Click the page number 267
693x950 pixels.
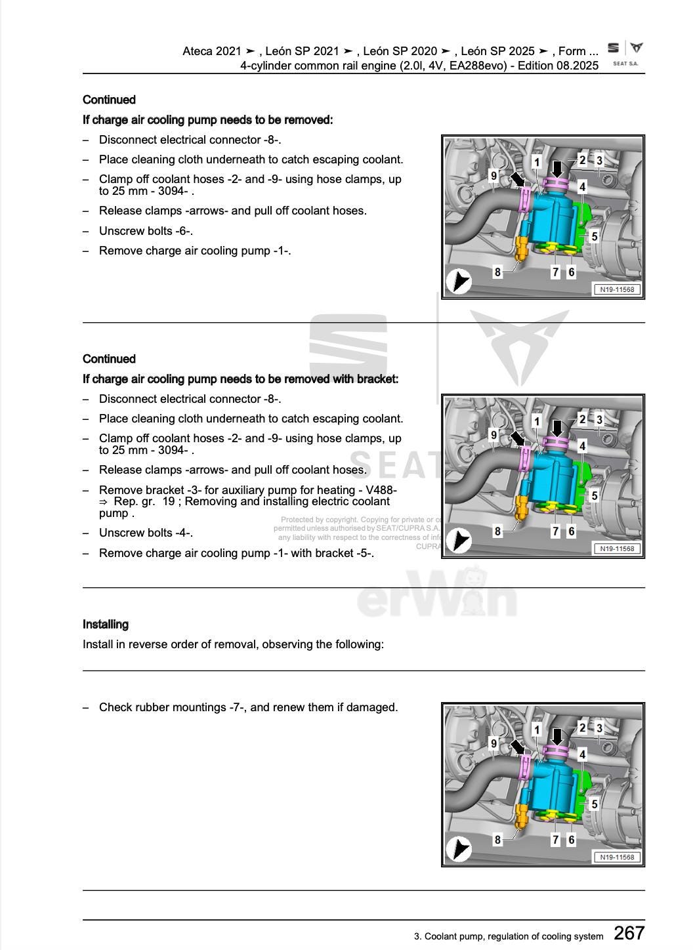tap(629, 932)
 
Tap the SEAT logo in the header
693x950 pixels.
tap(614, 49)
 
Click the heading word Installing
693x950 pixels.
tap(106, 625)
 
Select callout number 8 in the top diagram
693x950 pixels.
tap(497, 272)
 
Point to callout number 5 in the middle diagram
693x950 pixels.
tap(595, 495)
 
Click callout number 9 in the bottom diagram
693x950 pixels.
tap(493, 743)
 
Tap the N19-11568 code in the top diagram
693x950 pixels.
tap(617, 289)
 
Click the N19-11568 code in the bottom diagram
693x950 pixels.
tap(617, 857)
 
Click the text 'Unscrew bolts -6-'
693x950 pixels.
tap(146, 231)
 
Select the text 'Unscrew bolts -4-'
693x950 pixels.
tap(146, 533)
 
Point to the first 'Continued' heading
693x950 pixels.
tap(109, 100)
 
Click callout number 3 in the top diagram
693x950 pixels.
tap(599, 161)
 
